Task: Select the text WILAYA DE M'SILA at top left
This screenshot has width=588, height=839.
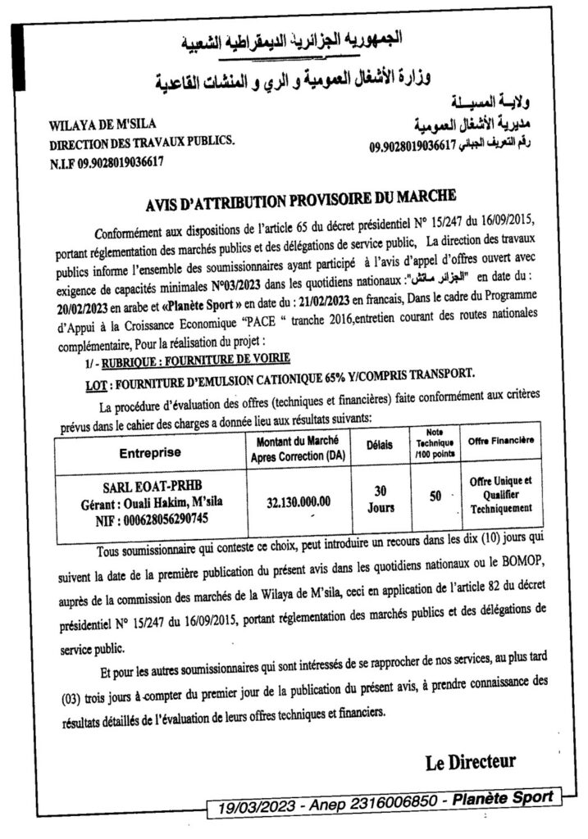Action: click(x=91, y=128)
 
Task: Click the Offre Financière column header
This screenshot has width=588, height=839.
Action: click(x=501, y=443)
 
